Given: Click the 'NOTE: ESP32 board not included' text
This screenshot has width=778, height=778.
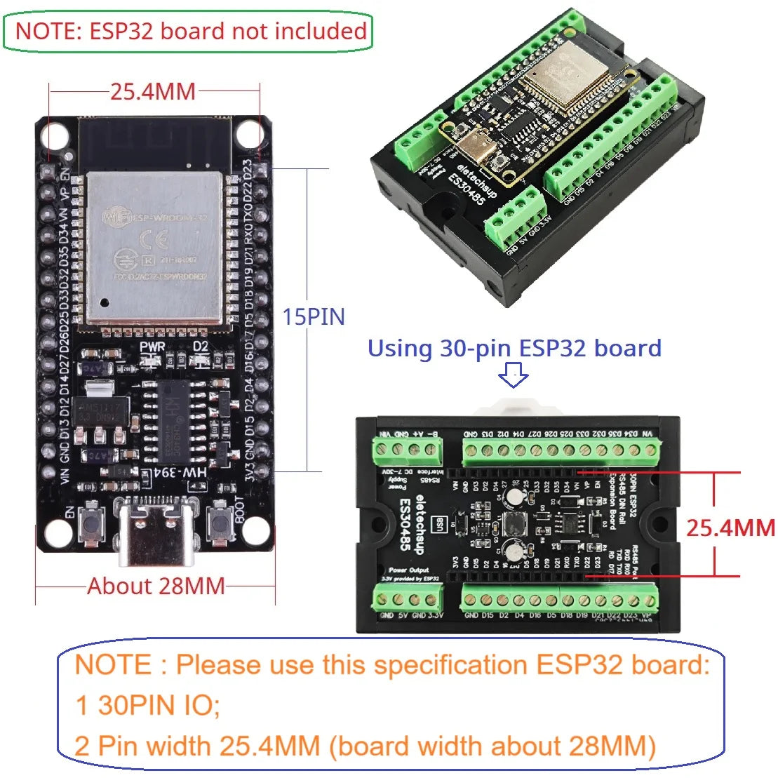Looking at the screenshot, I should (190, 32).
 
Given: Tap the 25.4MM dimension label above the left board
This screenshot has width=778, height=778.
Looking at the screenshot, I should (153, 91).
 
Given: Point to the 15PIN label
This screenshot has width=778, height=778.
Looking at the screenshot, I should (314, 317).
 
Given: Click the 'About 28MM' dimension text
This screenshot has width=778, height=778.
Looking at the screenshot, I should (156, 586).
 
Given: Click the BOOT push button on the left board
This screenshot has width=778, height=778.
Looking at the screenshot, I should (220, 525).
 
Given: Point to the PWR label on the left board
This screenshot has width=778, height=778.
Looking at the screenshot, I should (152, 347).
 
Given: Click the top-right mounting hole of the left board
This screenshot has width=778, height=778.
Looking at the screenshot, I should (249, 133).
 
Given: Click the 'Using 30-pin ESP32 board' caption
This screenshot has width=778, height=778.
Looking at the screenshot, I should (514, 348).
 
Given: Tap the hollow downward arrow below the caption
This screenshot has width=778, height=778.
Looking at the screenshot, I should (514, 379).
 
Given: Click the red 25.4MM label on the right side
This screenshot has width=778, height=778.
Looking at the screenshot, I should (730, 528).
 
